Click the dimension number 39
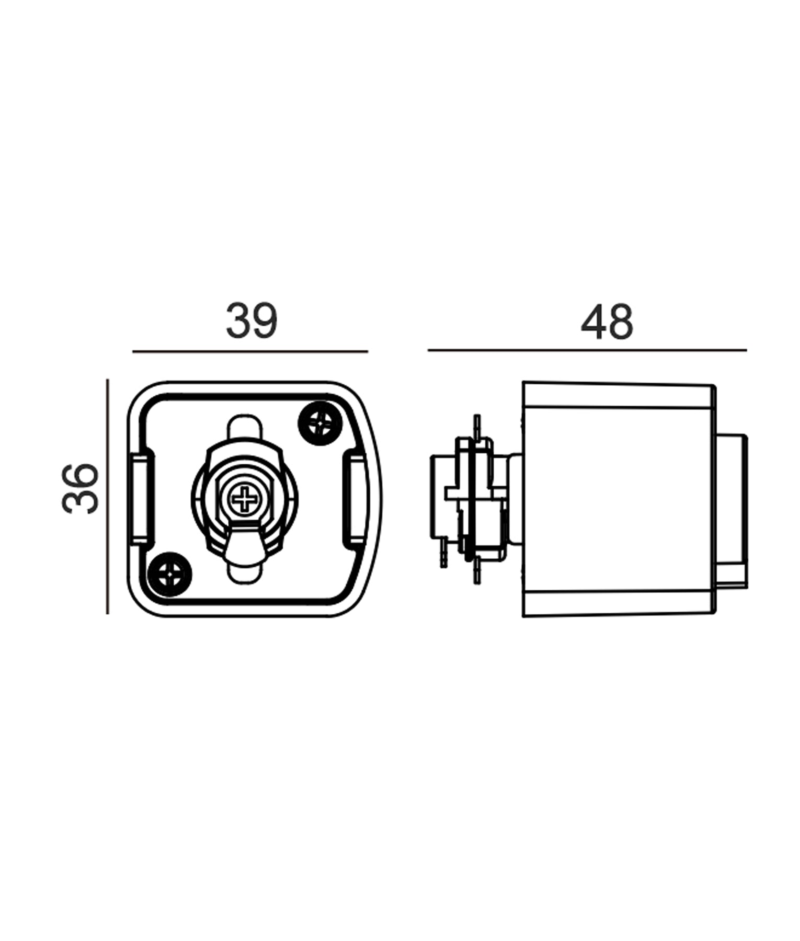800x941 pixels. (x=251, y=320)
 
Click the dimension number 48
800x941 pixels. (x=607, y=322)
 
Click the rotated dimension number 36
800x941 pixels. (x=81, y=488)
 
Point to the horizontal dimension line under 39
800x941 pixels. (x=250, y=352)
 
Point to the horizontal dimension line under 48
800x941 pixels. (x=587, y=350)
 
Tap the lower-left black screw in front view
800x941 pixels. (x=170, y=574)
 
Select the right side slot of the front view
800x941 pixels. (x=356, y=498)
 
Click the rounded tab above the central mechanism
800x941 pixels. (x=244, y=428)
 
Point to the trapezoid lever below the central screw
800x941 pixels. (x=244, y=545)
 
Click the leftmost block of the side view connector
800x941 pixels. (x=438, y=497)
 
